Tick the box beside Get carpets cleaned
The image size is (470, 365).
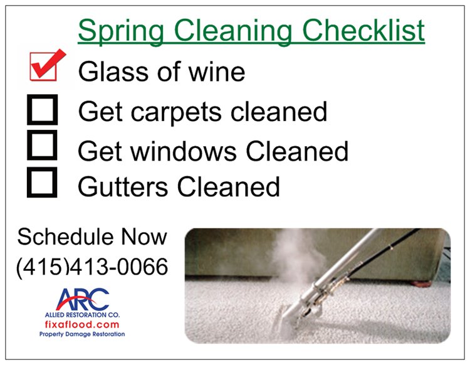point(42,110)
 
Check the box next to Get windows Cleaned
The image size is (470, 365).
point(42,145)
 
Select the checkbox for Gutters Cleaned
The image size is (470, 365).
point(42,182)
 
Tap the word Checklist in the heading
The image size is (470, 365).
point(363,30)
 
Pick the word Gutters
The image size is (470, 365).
point(123,186)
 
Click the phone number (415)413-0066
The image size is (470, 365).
point(92,267)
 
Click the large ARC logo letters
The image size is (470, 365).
point(83,299)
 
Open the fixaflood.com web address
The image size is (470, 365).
point(82,324)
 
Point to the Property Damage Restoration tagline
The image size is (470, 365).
point(82,334)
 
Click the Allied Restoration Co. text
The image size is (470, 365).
point(82,315)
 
